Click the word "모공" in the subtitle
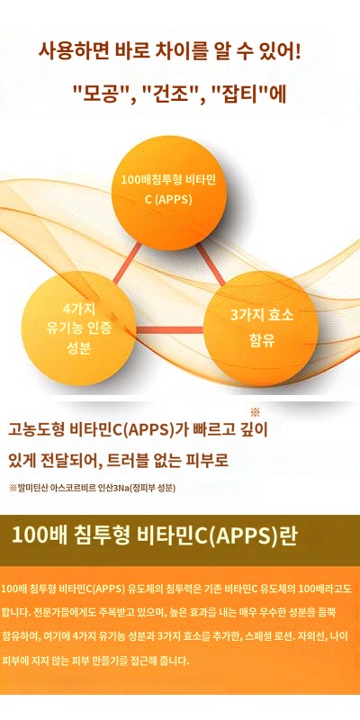(x=101, y=92)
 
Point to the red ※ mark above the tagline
(x=255, y=412)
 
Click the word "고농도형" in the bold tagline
(x=40, y=430)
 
